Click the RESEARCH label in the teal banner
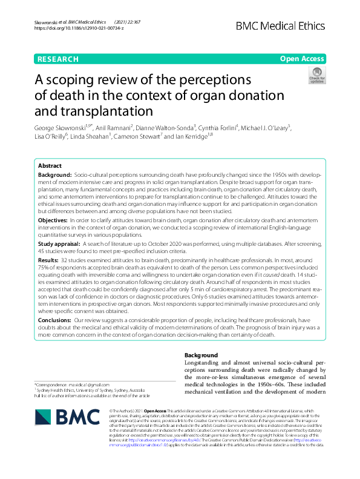tap(58, 59)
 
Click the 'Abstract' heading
tap(50, 165)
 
